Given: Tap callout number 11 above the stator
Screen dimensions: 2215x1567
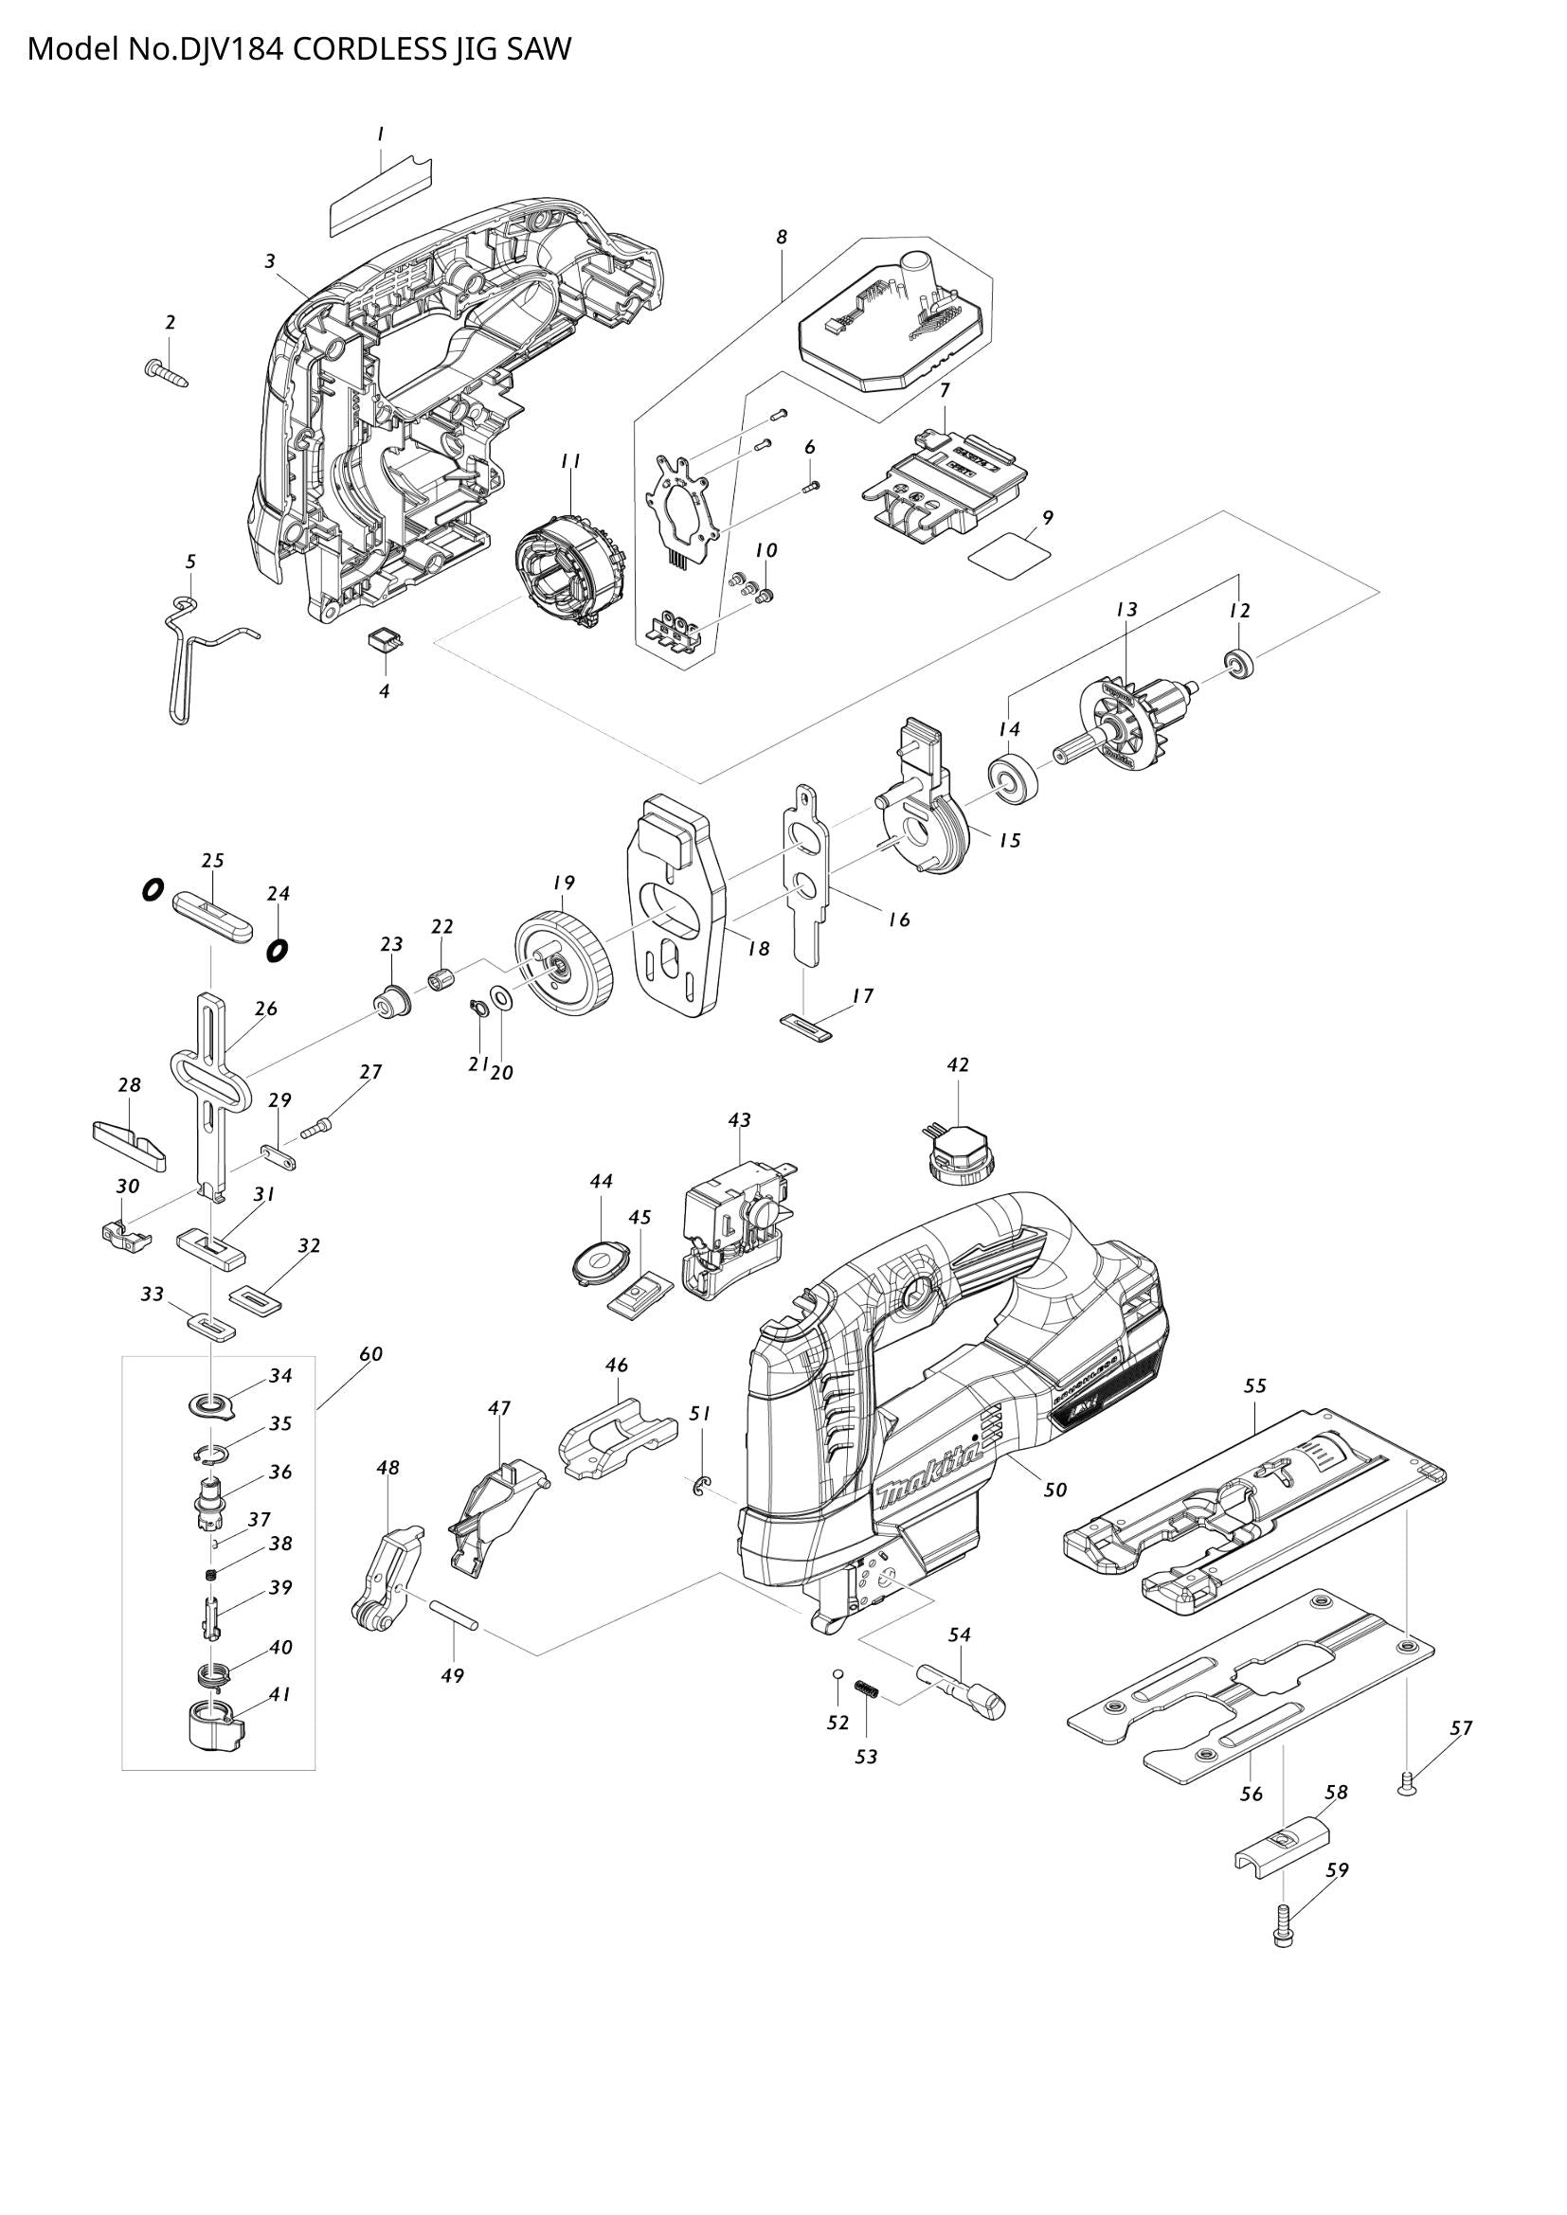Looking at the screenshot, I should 570,461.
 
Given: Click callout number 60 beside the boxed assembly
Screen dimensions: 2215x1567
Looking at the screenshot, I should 370,1353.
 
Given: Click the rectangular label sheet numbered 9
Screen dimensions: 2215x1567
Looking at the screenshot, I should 1009,557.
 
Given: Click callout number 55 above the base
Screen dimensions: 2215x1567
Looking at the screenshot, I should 1253,1385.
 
